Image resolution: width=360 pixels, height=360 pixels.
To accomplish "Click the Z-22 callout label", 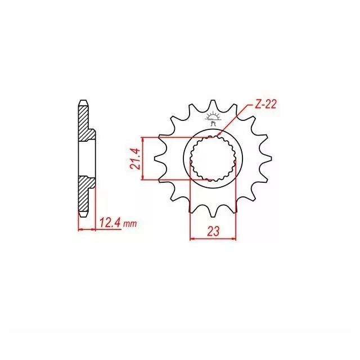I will pyautogui.click(x=264, y=104).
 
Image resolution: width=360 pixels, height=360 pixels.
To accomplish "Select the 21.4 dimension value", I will pyautogui.click(x=135, y=159).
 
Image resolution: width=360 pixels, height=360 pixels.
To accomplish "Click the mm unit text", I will pyautogui.click(x=130, y=224).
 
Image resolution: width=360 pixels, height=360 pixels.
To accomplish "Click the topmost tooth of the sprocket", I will pyautogui.click(x=213, y=106).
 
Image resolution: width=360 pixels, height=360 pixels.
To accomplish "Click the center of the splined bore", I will pyautogui.click(x=214, y=159).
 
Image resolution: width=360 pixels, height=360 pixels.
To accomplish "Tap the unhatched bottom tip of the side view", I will pyautogui.click(x=83, y=214).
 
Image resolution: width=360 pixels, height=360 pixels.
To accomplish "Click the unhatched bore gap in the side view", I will pyautogui.click(x=87, y=160).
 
